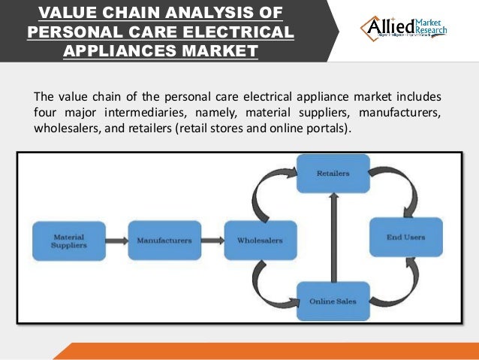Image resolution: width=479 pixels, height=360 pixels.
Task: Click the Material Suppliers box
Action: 68,241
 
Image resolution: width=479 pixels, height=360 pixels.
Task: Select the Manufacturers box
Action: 164,241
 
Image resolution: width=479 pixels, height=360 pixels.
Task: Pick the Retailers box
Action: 333,174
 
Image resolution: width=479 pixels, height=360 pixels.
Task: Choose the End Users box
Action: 405,237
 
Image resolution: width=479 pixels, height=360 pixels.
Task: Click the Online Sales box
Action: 333,301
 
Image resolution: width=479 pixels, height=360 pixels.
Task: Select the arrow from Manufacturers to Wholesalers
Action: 212,241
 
